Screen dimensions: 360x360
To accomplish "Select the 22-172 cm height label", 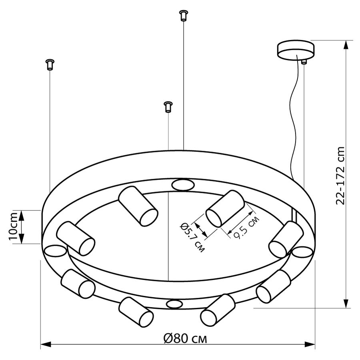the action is [x=340, y=176].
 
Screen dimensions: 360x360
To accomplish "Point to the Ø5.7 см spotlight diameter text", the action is [x=192, y=238].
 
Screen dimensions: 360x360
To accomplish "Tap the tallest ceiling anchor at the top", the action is [x=183, y=16].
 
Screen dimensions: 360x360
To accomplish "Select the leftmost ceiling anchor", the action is [x=50, y=64].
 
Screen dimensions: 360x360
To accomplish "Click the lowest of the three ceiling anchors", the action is [x=168, y=107].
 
